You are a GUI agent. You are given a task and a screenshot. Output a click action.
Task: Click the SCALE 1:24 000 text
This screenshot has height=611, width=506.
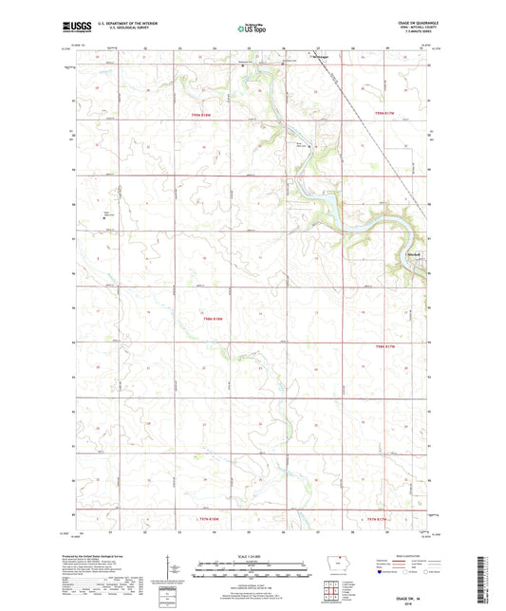253,556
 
